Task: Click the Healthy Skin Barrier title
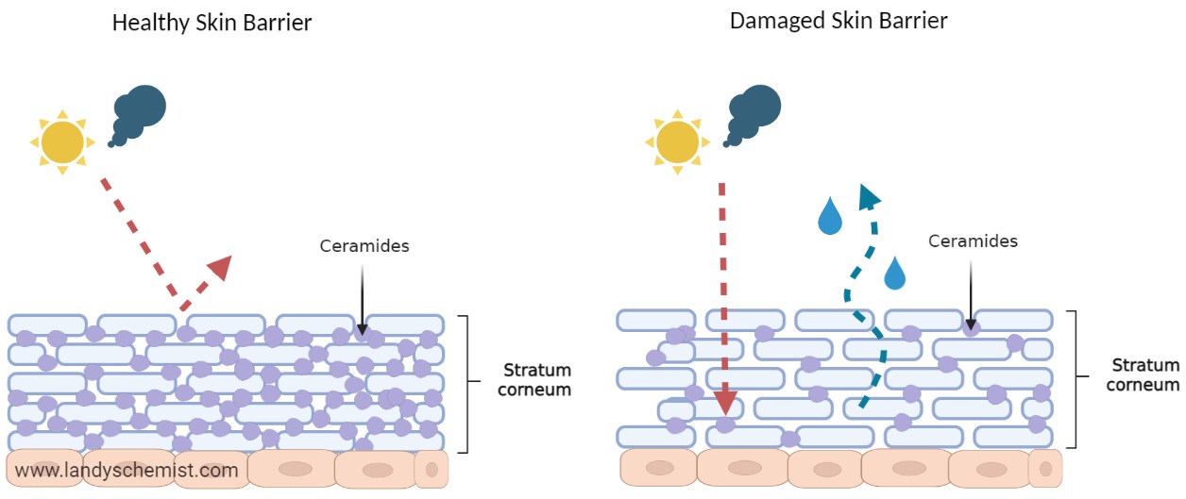(212, 23)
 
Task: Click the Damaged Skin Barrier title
(839, 20)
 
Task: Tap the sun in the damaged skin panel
(677, 141)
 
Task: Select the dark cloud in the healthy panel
(139, 113)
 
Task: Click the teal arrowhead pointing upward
(868, 195)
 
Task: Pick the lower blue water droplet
(894, 274)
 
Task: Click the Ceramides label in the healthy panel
(364, 246)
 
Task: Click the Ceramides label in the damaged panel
(973, 241)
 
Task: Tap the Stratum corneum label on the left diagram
(536, 379)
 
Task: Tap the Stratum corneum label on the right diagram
(1144, 374)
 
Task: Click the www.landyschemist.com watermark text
(127, 469)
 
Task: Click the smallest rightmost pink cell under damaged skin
(1044, 468)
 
